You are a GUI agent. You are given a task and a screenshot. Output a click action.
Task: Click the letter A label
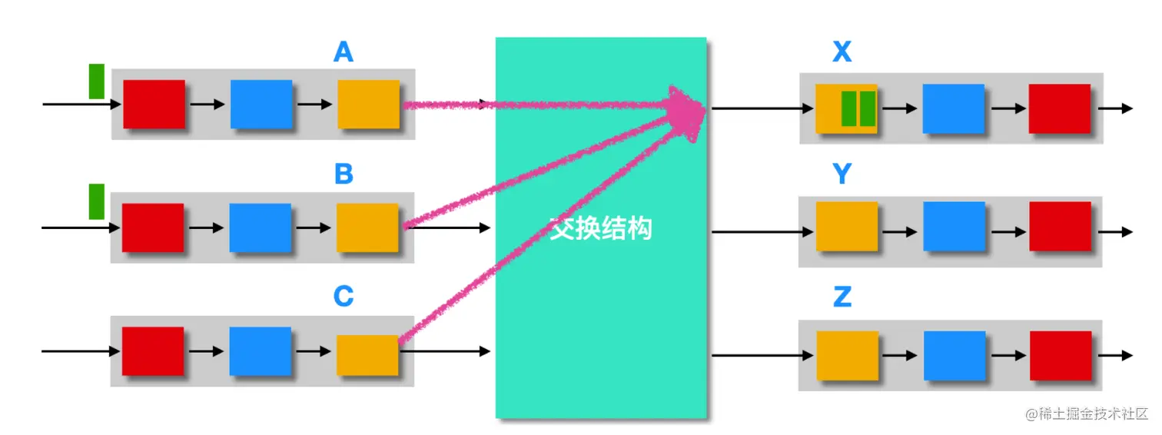tap(344, 52)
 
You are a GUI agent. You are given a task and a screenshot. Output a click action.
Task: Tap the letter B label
tap(344, 174)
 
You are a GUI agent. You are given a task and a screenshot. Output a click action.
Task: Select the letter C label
tap(344, 297)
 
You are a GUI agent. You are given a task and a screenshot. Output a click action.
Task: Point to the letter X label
tap(842, 52)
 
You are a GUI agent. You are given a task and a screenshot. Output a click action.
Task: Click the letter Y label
tap(842, 174)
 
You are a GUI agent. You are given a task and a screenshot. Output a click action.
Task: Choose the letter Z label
tap(842, 297)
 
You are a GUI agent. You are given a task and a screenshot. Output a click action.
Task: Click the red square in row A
tap(154, 104)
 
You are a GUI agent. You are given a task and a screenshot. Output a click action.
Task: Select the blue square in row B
tap(260, 227)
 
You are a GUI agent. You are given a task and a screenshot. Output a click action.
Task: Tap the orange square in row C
tap(367, 355)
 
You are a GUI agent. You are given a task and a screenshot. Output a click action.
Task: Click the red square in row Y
tap(1060, 226)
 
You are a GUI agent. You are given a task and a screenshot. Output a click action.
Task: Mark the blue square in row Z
tap(954, 355)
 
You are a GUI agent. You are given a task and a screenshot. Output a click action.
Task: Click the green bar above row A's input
tap(96, 81)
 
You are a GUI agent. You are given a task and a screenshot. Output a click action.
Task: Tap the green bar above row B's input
tap(96, 201)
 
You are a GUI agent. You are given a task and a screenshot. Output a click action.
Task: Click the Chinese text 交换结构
tap(601, 228)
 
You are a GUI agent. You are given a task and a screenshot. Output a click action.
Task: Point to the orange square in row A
tap(368, 104)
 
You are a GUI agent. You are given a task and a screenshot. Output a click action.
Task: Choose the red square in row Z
tap(1061, 355)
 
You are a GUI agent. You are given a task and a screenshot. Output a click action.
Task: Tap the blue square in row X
tap(953, 108)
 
